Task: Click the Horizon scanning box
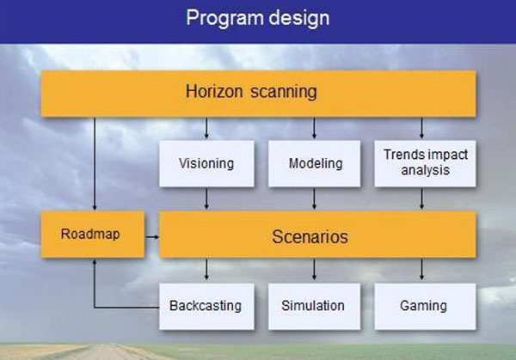click(258, 94)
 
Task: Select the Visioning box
click(206, 164)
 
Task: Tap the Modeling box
click(314, 164)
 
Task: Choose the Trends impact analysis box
click(425, 164)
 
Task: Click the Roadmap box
click(93, 234)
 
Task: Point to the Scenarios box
click(317, 234)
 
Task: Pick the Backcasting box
click(206, 307)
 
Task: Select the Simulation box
click(314, 307)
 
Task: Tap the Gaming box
click(425, 307)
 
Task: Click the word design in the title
click(298, 18)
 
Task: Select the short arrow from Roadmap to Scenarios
click(152, 237)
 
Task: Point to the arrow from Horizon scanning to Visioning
click(206, 128)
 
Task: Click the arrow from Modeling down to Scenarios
click(314, 198)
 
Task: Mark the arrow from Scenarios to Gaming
click(421, 270)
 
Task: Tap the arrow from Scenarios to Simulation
click(314, 270)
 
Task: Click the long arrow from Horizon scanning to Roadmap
click(95, 164)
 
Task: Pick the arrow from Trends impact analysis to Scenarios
click(421, 198)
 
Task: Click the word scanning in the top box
click(284, 92)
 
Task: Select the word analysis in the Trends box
click(425, 171)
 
